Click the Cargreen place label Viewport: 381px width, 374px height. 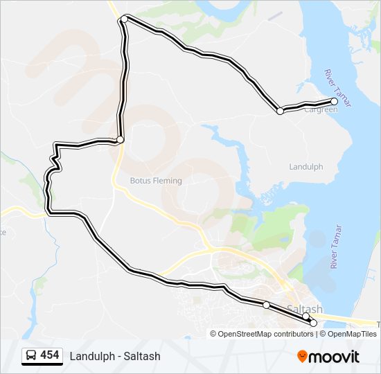coord(321,109)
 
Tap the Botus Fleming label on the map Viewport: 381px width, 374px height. coord(156,181)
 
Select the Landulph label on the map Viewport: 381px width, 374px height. coord(305,167)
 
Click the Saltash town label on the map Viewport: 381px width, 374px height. coord(303,308)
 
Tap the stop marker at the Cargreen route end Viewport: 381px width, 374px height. coord(335,102)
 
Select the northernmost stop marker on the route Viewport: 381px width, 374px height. coord(124,19)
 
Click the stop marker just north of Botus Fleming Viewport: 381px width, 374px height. coord(120,140)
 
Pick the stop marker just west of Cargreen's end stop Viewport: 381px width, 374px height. coord(280,111)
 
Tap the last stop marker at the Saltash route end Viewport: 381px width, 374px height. coord(313,323)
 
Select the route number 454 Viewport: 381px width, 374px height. coord(50,355)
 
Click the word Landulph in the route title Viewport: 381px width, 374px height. coord(91,356)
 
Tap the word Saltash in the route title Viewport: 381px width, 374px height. coord(143,356)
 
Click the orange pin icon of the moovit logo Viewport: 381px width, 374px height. coord(303,356)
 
